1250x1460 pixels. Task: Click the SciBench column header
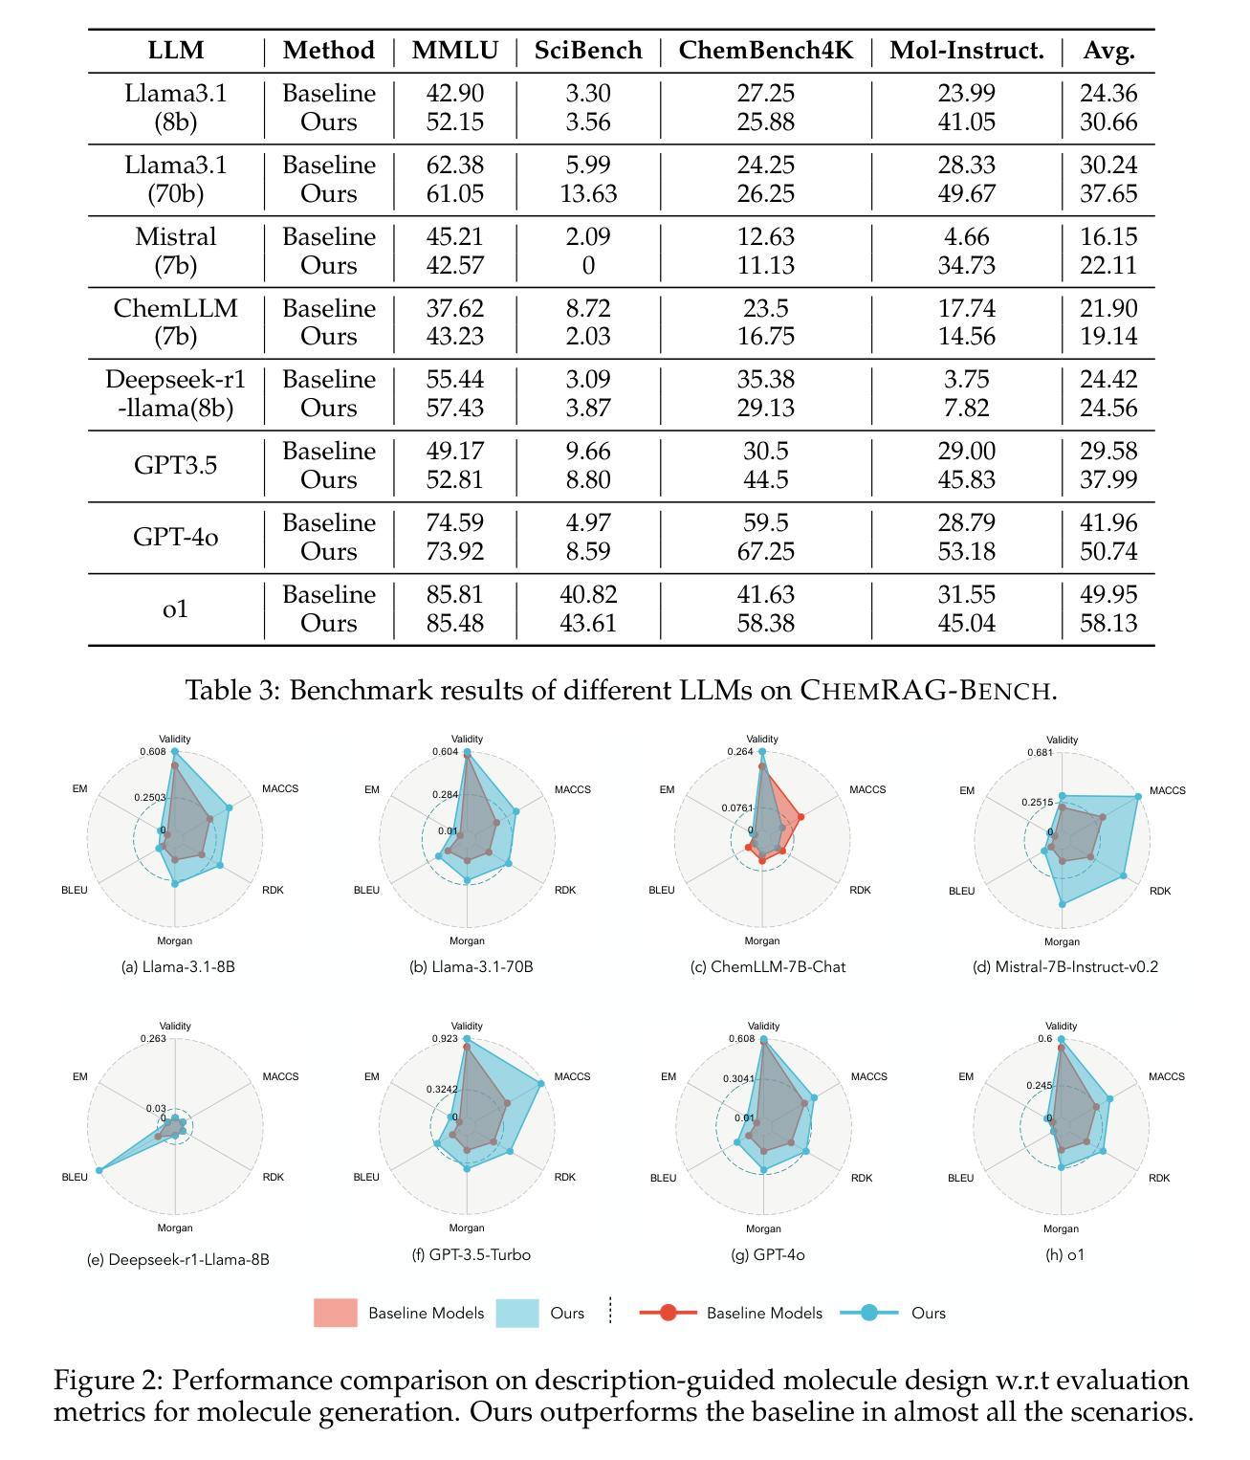click(x=587, y=50)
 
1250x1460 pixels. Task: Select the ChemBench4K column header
click(x=765, y=50)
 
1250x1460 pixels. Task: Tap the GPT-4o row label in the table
click(x=175, y=537)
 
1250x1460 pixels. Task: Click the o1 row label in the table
click(x=175, y=608)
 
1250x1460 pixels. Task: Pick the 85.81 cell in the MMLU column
click(x=455, y=594)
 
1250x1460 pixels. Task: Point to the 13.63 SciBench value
click(x=588, y=193)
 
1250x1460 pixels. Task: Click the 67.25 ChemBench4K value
click(x=765, y=551)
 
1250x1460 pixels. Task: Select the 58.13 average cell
click(x=1108, y=623)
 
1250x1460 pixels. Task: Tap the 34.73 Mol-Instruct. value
click(x=966, y=265)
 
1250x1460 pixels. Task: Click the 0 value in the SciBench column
click(x=588, y=265)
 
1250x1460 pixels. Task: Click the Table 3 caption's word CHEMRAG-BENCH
click(x=928, y=690)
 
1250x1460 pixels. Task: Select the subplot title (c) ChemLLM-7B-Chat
click(x=768, y=967)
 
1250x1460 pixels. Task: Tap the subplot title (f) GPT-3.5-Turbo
click(x=471, y=1254)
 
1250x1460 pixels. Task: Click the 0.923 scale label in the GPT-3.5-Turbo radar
click(x=445, y=1038)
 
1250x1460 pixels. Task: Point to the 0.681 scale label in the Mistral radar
click(x=1041, y=752)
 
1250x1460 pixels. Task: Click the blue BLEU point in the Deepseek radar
click(x=99, y=1170)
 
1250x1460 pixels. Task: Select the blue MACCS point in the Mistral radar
click(x=1138, y=797)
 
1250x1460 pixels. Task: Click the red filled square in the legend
click(x=336, y=1313)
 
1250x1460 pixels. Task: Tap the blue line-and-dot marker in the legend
click(x=869, y=1313)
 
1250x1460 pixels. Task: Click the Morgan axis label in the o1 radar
click(x=1061, y=1228)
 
